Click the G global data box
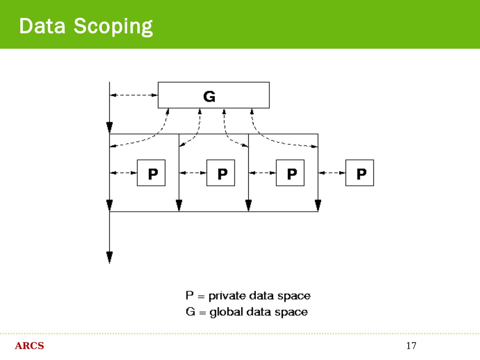click(213, 95)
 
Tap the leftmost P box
click(151, 173)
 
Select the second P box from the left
click(221, 173)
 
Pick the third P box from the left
click(290, 173)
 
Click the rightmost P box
click(359, 173)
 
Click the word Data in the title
click(42, 26)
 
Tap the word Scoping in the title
click(113, 27)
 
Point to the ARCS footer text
click(29, 346)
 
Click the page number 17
click(411, 346)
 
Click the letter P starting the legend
click(189, 295)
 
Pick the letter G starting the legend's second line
click(190, 312)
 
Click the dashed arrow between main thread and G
click(134, 95)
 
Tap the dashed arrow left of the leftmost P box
click(123, 173)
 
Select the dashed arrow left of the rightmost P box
click(332, 173)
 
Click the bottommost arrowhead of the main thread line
click(109, 257)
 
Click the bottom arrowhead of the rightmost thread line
click(318, 205)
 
